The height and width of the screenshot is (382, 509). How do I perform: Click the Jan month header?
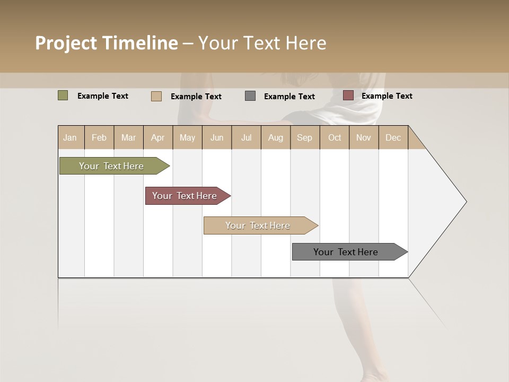pyautogui.click(x=70, y=137)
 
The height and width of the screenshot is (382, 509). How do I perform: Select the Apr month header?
pyautogui.click(x=157, y=137)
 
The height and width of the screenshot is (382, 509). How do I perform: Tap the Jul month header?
pyautogui.click(x=246, y=137)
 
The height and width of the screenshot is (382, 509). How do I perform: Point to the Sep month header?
pyautogui.click(x=304, y=137)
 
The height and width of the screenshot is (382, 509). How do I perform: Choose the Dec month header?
pyautogui.click(x=393, y=137)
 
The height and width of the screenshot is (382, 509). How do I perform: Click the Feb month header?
pyautogui.click(x=99, y=137)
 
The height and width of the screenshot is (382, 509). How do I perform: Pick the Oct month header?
pyautogui.click(x=335, y=137)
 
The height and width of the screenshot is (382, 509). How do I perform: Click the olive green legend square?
pyautogui.click(x=63, y=95)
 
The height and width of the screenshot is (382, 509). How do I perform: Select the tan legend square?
pyautogui.click(x=156, y=96)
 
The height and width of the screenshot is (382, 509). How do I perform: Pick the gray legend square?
pyautogui.click(x=250, y=96)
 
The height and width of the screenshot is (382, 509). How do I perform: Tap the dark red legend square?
pyautogui.click(x=348, y=95)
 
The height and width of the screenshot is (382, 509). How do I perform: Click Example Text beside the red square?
pyautogui.click(x=387, y=96)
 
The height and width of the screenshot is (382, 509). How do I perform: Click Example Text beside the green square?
pyautogui.click(x=103, y=96)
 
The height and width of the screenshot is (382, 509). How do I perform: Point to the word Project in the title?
pyautogui.click(x=66, y=43)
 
